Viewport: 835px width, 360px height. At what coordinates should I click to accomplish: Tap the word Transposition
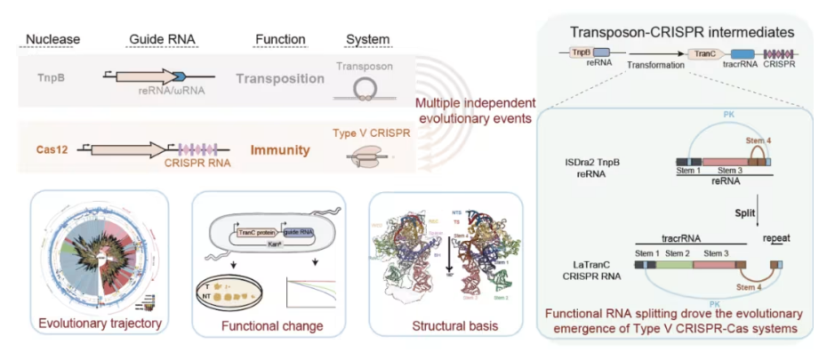click(x=280, y=78)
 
